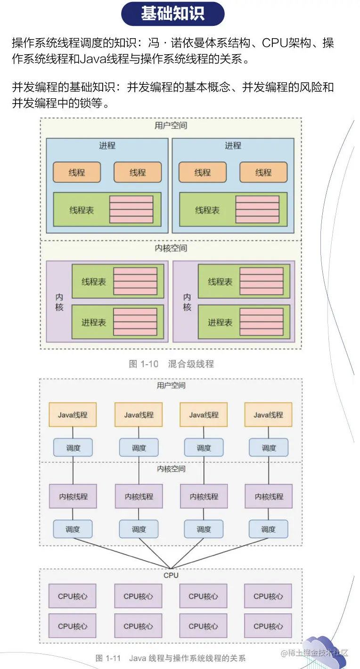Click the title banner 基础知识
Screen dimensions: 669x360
click(172, 14)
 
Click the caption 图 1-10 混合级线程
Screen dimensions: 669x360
click(171, 364)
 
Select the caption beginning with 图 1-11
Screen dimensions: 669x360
click(170, 658)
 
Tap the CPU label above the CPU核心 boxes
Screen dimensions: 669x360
click(171, 575)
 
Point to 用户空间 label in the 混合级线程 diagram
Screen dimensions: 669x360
click(171, 125)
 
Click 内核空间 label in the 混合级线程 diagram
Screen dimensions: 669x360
click(171, 248)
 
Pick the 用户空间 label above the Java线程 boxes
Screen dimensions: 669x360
click(171, 385)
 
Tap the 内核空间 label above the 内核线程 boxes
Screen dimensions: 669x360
click(171, 469)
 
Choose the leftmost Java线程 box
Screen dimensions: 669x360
click(73, 415)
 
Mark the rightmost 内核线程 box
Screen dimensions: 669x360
click(269, 496)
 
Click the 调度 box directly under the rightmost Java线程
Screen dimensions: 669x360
click(269, 448)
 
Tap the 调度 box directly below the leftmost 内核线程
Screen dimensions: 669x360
click(73, 529)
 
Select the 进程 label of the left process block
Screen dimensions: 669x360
click(107, 146)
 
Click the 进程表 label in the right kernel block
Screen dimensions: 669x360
click(220, 323)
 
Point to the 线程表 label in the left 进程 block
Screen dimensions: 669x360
click(82, 210)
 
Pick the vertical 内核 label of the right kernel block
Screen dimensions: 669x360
click(187, 302)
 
